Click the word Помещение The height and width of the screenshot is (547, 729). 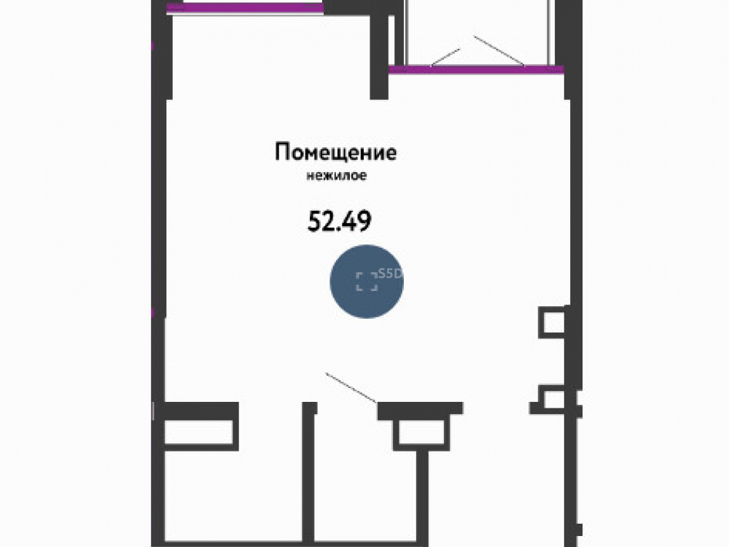tap(335, 153)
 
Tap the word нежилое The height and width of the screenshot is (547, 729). tap(336, 176)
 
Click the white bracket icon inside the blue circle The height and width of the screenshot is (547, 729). tap(367, 282)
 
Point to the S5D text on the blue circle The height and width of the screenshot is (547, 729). tap(390, 273)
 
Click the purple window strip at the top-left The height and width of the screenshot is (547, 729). tap(245, 7)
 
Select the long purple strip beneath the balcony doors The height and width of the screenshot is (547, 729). tap(476, 70)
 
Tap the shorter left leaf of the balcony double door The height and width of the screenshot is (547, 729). tap(445, 57)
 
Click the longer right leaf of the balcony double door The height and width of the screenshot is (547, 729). tap(499, 51)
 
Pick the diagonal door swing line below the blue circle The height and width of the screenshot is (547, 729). tap(351, 387)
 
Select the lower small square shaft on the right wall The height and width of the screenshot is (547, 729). tap(553, 399)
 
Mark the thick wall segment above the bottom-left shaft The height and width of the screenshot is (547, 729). tap(201, 410)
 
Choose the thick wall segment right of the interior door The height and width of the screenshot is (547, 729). tap(420, 408)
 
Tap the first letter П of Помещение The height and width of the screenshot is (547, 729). tap(281, 152)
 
